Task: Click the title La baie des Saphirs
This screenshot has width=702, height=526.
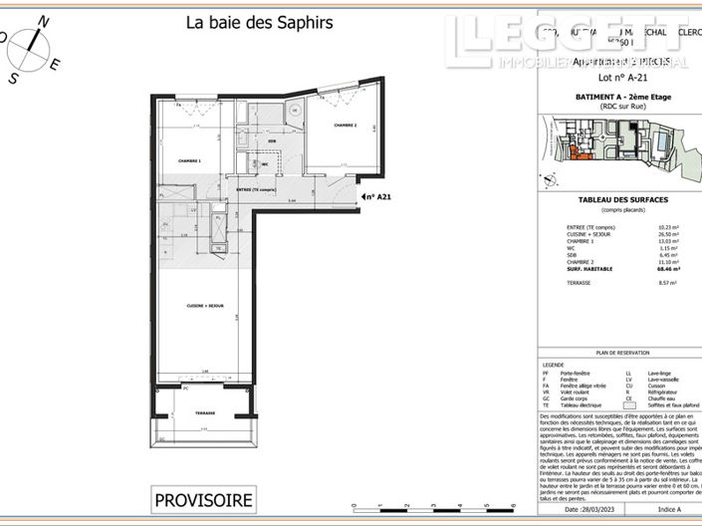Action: [x=260, y=22]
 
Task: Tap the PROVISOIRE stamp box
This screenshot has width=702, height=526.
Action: [x=203, y=499]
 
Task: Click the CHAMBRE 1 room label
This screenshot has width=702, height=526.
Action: [x=189, y=160]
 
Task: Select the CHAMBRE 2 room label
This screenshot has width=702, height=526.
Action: [x=346, y=126]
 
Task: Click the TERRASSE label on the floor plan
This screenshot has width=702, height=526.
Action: [x=205, y=412]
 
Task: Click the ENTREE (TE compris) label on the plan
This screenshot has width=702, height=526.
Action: [x=257, y=189]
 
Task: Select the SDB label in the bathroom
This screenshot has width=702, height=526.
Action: [x=271, y=141]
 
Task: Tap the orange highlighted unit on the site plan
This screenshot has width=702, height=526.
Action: [x=579, y=152]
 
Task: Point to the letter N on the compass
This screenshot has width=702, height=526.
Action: [x=43, y=19]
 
